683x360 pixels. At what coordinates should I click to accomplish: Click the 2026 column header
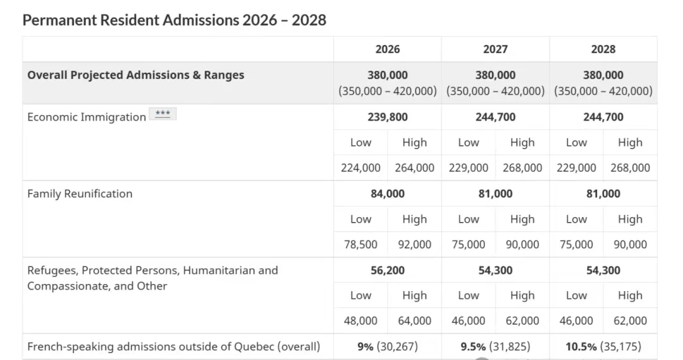[x=387, y=49]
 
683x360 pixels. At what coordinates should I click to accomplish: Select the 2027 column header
[x=495, y=49]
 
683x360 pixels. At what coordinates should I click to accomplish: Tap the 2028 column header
[x=603, y=49]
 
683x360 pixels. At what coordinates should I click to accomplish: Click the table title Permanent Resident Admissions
[x=174, y=20]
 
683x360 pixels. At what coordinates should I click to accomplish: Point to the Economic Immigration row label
[x=87, y=117]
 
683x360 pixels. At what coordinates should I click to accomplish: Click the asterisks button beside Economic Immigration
[x=163, y=115]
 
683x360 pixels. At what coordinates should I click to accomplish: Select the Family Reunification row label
[x=80, y=194]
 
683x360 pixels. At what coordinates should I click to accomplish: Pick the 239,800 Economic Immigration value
[x=387, y=117]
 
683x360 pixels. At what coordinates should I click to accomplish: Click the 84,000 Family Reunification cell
[x=387, y=194]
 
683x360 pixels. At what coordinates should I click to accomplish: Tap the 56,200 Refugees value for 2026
[x=387, y=270]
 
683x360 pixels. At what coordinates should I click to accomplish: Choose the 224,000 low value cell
[x=360, y=168]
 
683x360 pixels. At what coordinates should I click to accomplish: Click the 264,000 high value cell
[x=414, y=168]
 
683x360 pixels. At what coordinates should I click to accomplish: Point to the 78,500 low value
[x=360, y=244]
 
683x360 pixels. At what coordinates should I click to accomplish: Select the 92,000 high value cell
[x=414, y=244]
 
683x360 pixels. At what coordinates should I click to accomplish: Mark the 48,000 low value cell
[x=360, y=321]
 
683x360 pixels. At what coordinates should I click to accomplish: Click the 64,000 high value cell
[x=414, y=321]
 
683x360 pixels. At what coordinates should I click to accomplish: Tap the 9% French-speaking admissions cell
[x=387, y=347]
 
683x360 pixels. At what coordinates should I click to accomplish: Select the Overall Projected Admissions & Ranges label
[x=135, y=75]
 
